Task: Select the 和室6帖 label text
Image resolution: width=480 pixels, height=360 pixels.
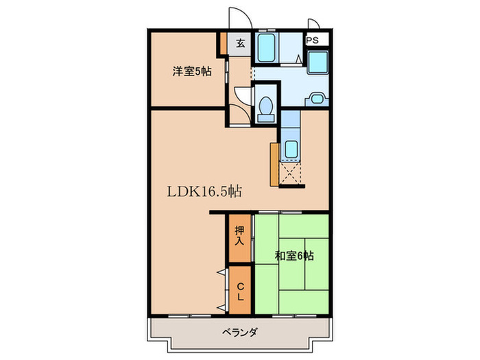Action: point(295,256)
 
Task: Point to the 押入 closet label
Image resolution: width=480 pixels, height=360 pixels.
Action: point(239,236)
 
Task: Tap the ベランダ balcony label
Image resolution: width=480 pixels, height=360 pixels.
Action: point(239,333)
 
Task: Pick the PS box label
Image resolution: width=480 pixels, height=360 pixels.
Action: point(312,40)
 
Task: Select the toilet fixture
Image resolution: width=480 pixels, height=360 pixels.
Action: point(265,108)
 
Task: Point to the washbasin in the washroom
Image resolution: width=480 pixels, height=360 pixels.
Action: point(316,98)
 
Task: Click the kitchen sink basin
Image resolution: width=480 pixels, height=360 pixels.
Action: point(291,148)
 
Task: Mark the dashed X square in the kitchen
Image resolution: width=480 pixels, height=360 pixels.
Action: point(291,173)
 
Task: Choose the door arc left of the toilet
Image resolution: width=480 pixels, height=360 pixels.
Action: point(241,95)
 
